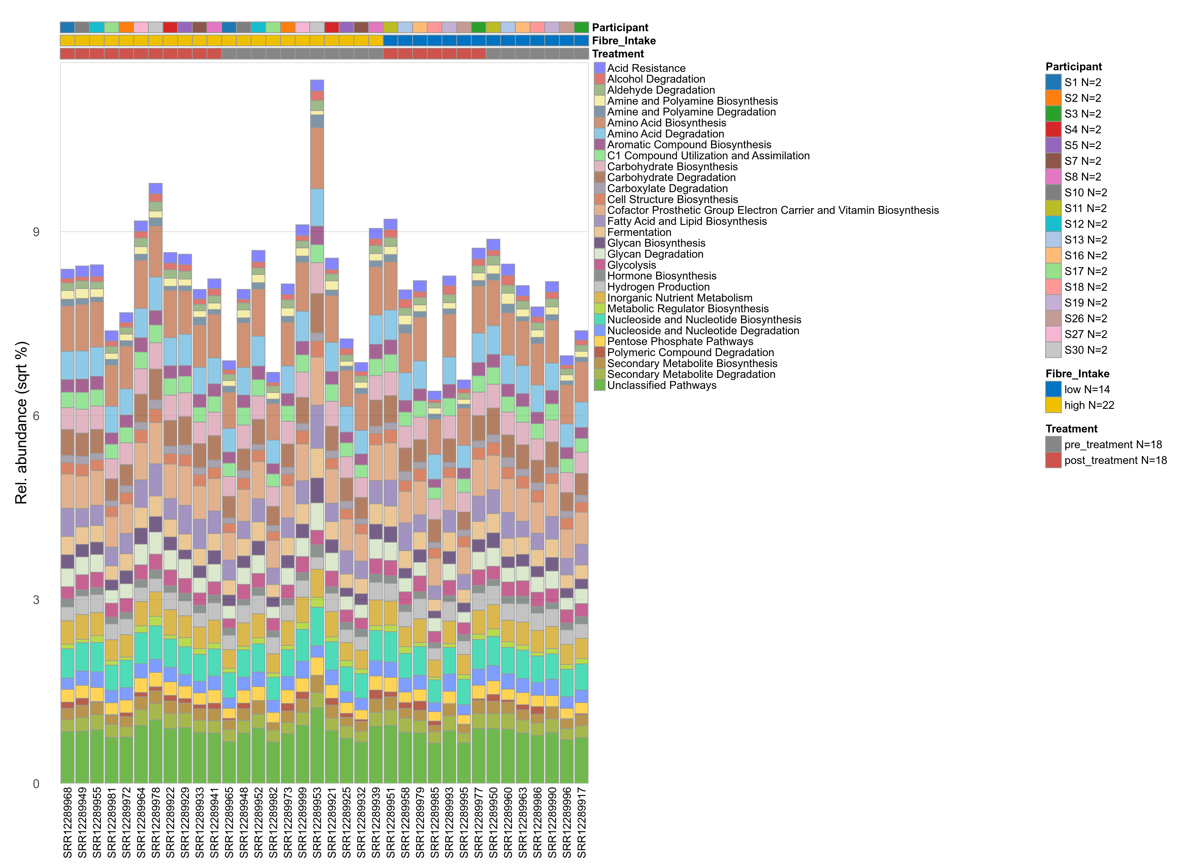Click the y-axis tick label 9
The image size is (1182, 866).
click(36, 232)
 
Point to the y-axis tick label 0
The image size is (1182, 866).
click(36, 784)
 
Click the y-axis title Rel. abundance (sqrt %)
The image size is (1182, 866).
click(21, 423)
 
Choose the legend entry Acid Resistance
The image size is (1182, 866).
click(646, 68)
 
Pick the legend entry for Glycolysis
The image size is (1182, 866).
click(631, 265)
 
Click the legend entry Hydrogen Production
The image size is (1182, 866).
click(658, 287)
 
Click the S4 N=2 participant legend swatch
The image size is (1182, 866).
click(1054, 129)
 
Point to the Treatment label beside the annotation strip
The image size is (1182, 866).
click(618, 54)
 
